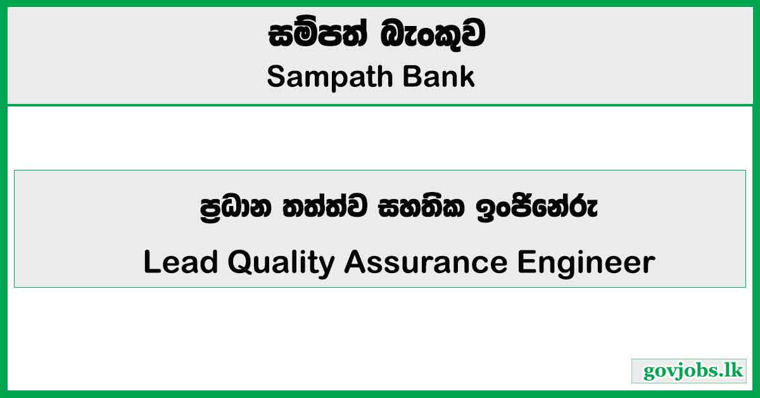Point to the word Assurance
[425, 262]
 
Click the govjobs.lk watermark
[688, 371]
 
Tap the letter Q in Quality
[241, 263]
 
